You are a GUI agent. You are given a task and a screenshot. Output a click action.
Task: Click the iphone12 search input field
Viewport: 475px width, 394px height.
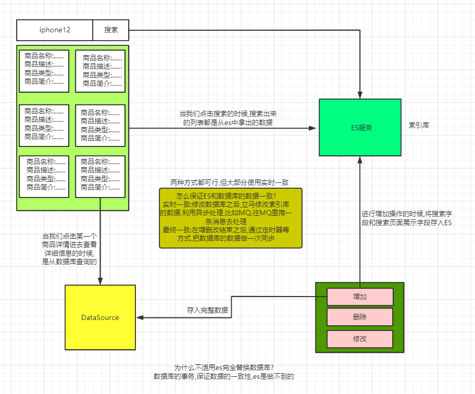[55, 30]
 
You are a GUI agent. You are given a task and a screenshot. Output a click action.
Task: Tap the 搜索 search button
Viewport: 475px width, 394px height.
[111, 30]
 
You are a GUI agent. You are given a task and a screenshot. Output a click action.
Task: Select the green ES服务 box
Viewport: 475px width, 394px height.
[360, 128]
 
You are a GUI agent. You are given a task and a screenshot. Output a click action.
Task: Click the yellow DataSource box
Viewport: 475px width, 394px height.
[101, 317]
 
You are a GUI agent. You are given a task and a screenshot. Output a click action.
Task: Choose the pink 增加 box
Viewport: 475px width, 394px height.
[360, 297]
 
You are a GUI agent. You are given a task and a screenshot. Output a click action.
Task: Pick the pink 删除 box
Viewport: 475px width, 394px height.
[360, 317]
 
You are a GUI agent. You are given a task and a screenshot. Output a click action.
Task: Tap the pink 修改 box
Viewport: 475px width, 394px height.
[360, 339]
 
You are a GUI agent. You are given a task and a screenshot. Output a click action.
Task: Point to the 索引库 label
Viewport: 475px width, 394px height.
[419, 125]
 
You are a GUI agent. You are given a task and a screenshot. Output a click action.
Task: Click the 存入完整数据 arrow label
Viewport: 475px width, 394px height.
[207, 310]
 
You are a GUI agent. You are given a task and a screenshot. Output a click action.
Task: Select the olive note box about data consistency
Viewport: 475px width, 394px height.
[231, 218]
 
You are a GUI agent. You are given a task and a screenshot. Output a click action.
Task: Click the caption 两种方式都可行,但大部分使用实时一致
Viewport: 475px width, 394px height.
[229, 182]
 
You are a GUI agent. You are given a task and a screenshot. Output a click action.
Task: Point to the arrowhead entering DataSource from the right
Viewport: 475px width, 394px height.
[140, 317]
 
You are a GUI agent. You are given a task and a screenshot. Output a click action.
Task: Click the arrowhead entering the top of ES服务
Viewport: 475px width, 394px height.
[360, 95]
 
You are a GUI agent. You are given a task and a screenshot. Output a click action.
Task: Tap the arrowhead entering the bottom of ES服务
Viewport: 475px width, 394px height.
[360, 161]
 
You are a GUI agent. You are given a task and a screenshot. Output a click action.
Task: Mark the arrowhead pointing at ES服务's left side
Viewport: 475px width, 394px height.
[312, 128]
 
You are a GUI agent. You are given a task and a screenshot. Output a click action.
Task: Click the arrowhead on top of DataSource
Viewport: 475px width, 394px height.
[101, 281]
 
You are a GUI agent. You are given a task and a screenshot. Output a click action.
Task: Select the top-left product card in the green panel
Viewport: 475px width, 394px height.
[44, 71]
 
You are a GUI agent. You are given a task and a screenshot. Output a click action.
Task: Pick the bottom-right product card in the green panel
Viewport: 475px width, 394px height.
[101, 177]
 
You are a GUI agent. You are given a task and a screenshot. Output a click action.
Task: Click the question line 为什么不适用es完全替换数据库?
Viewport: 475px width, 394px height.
[224, 367]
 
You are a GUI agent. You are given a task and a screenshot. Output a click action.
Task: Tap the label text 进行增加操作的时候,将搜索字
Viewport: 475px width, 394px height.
[407, 214]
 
